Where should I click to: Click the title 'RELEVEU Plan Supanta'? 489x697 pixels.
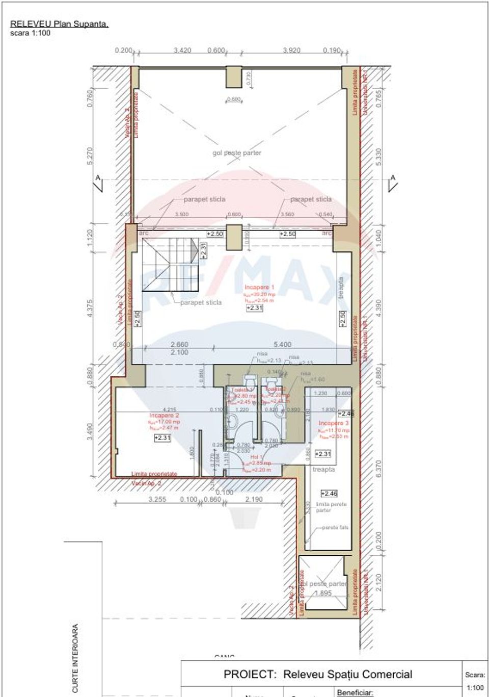coord(59,23)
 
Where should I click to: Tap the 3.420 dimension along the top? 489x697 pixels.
coord(182,50)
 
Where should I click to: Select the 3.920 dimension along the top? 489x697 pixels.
coord(291,50)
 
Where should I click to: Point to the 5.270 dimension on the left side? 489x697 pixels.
coord(91,156)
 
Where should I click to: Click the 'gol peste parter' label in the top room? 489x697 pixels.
coord(236,152)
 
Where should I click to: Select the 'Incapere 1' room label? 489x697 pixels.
coord(259,288)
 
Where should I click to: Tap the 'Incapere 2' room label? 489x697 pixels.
coord(164,416)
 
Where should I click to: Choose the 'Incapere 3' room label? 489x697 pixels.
coord(334,423)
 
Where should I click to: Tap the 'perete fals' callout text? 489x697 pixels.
coord(335,528)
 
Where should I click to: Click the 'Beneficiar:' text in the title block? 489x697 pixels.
coord(355,692)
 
